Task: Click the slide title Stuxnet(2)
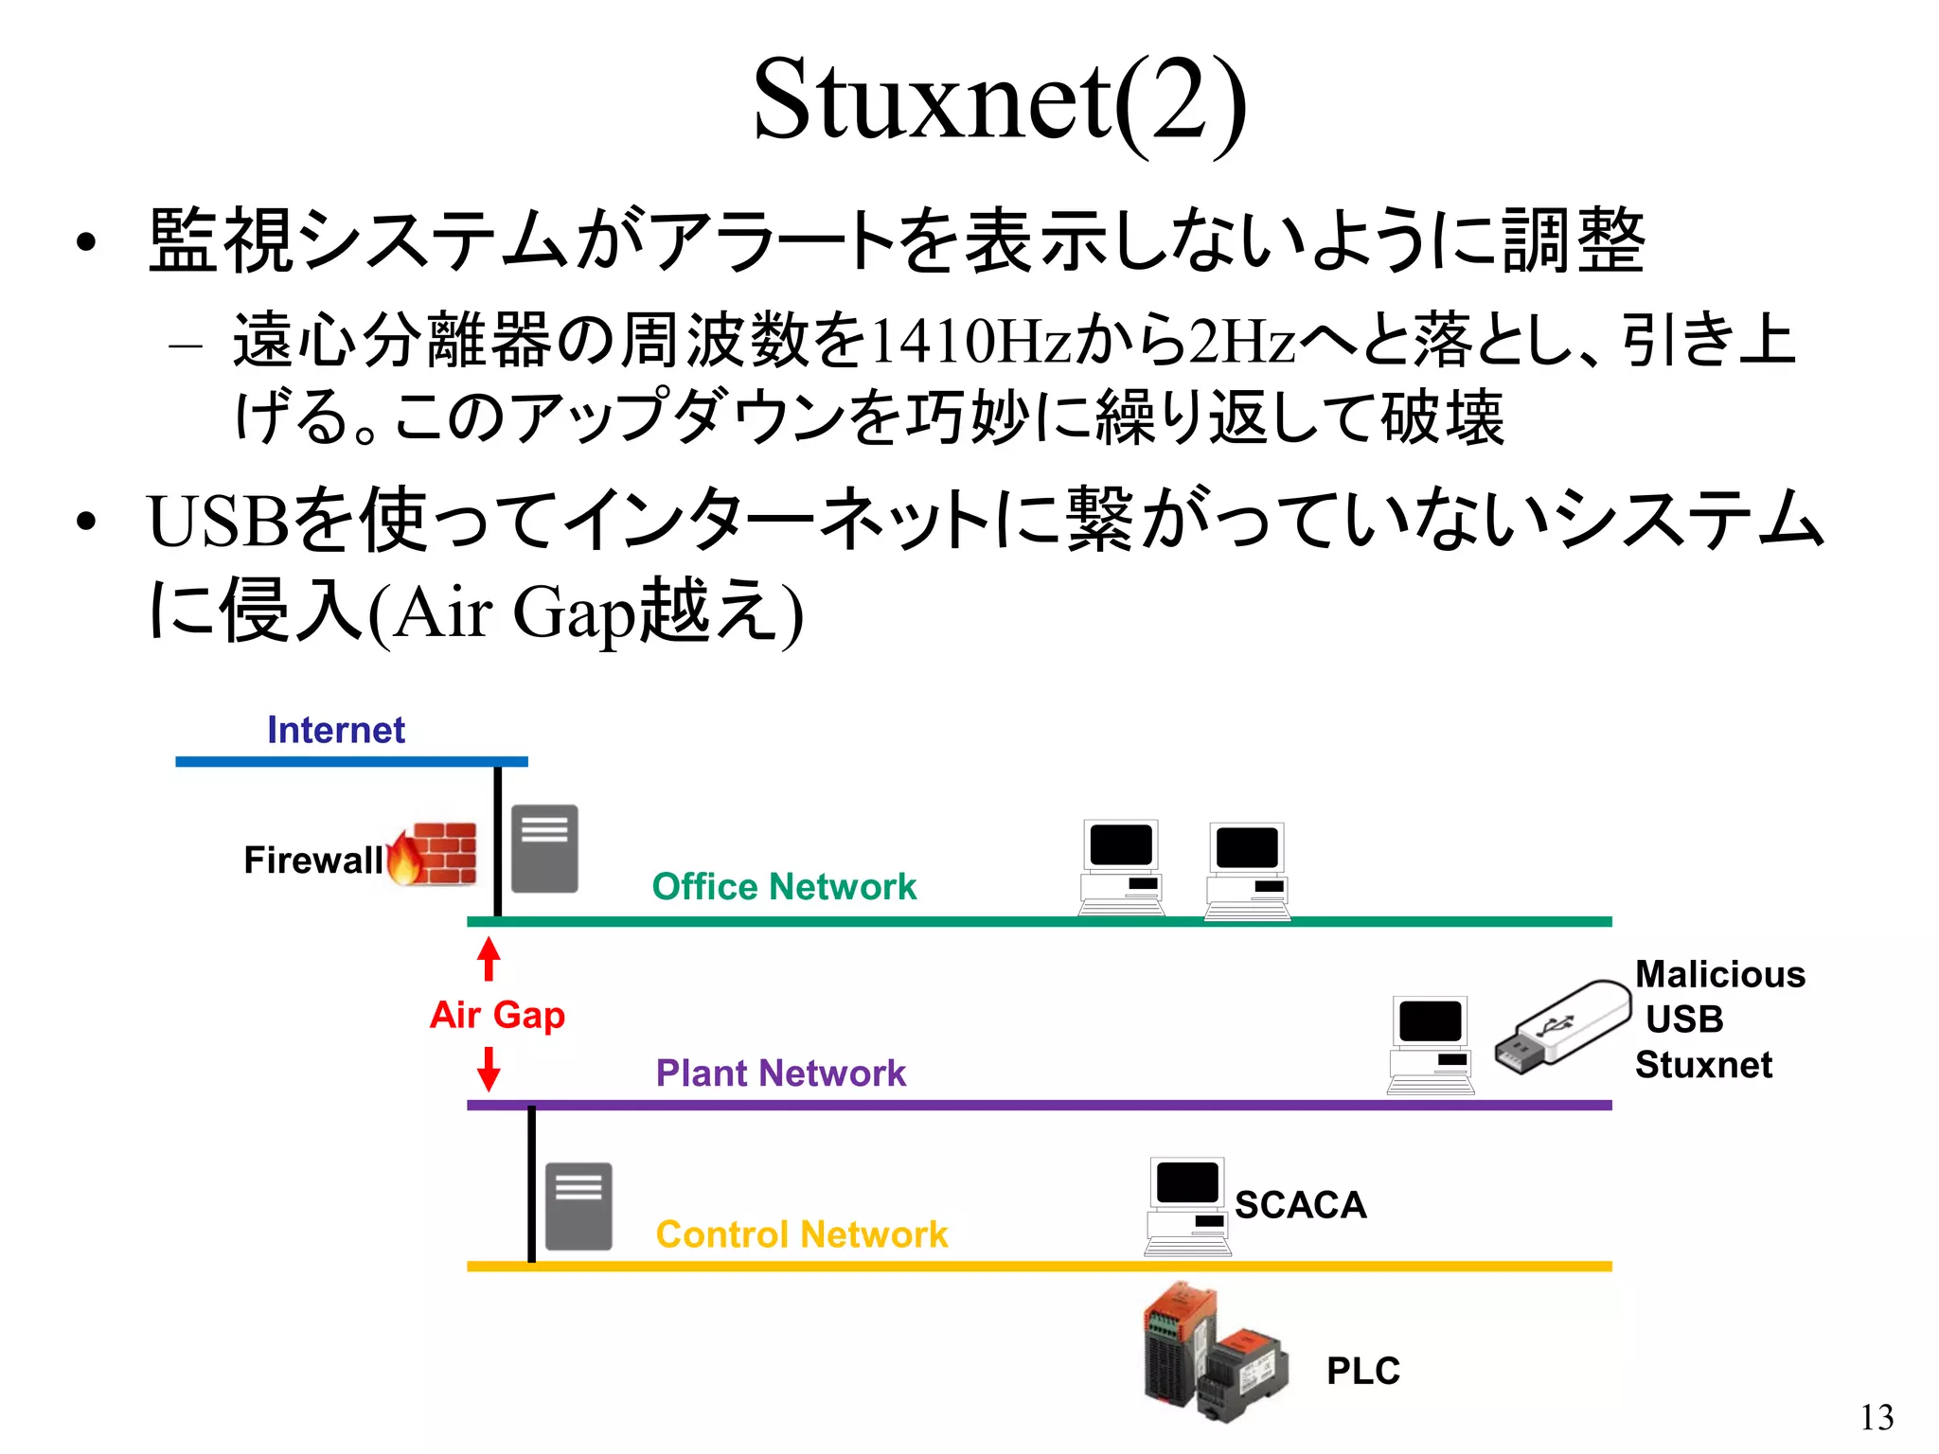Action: pos(999,100)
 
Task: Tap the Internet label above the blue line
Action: pos(336,730)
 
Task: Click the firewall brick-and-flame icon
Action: pos(434,854)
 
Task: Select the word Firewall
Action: pos(312,860)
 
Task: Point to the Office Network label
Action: pos(784,887)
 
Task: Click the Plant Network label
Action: pos(781,1073)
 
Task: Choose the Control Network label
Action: pos(802,1233)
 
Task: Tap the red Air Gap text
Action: pos(497,1014)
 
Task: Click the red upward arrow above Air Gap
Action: pos(489,958)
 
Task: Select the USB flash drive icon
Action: pos(1563,1027)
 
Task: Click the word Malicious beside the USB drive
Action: pos(1720,974)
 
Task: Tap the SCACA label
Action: pos(1300,1205)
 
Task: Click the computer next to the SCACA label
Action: pos(1187,1205)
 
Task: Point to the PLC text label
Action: pos(1362,1370)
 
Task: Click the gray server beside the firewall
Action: pos(544,848)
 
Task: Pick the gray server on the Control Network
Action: pos(578,1205)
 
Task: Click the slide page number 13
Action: pos(1877,1417)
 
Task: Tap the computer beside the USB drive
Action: pos(1431,1044)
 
